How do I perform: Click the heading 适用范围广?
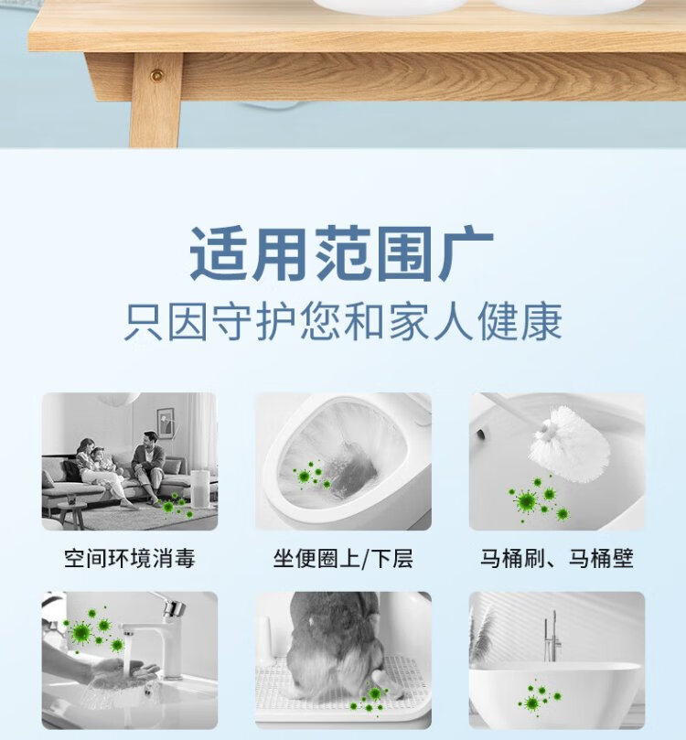pos(341,253)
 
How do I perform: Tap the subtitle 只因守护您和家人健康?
pos(343,322)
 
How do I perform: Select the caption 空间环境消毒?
pos(130,558)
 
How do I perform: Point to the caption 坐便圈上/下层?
pos(343,558)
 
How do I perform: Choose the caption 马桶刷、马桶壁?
pos(557,558)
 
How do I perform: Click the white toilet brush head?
pos(570,444)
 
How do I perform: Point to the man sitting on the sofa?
pos(150,465)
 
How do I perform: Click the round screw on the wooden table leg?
pos(156,75)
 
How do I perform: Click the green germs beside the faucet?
pos(94,627)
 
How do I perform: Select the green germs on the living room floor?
pos(175,506)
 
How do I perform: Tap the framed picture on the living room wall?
pos(166,424)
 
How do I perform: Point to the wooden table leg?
pos(155,100)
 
